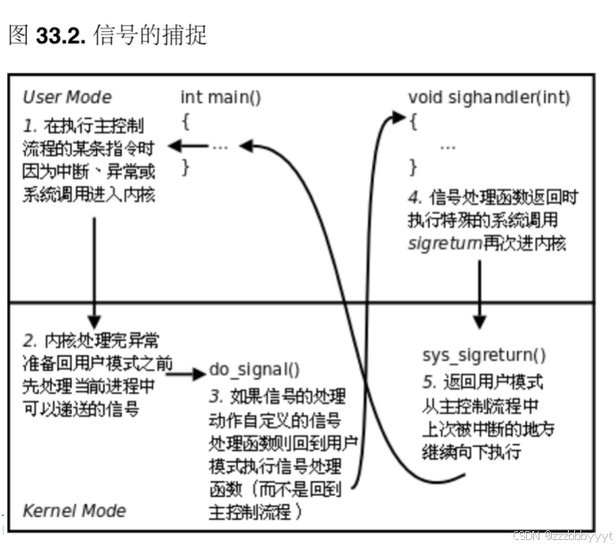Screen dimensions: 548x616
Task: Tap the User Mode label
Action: point(67,97)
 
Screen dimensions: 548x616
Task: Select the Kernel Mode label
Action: point(74,511)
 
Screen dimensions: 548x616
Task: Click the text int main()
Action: point(221,97)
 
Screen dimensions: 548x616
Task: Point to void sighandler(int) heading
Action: point(489,97)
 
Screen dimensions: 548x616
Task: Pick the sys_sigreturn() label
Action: point(483,356)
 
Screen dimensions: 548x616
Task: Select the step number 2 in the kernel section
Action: point(28,341)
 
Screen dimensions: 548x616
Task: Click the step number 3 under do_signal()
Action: point(215,394)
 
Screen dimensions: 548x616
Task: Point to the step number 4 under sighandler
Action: point(414,197)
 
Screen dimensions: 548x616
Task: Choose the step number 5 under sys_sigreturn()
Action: point(428,382)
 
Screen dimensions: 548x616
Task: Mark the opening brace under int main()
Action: point(185,121)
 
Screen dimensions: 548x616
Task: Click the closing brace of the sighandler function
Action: point(412,166)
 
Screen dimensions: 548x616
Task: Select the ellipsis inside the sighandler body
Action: point(448,146)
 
